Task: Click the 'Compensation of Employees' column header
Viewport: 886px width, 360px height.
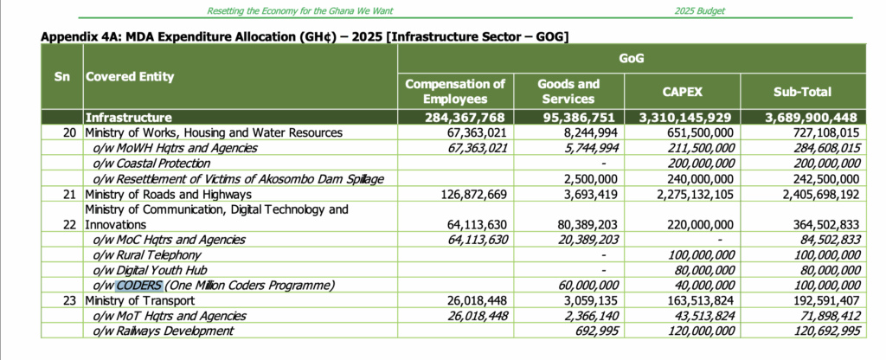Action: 455,91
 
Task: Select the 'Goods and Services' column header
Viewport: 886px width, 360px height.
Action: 568,91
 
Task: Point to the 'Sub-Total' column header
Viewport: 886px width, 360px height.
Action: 802,91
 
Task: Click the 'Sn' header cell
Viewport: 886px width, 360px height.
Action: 61,76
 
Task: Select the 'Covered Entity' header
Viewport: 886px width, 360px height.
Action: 129,76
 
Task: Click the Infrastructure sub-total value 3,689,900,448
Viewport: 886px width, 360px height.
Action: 804,117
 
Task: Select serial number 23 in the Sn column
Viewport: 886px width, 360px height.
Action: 70,300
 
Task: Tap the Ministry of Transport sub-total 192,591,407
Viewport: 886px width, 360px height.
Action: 818,300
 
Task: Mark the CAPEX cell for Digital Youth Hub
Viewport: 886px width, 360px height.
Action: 698,270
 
